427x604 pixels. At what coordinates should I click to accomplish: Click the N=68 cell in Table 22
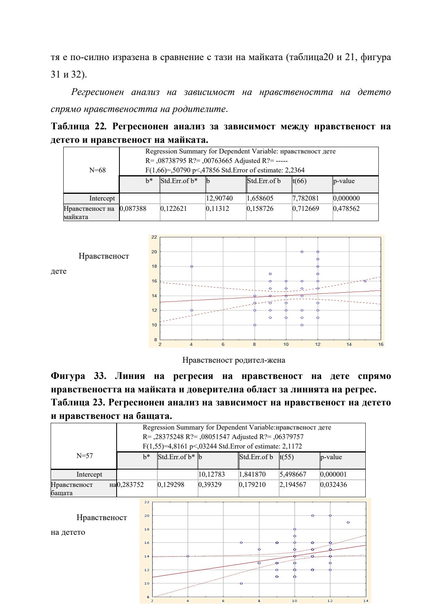[x=97, y=170]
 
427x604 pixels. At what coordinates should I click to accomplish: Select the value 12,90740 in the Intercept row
[x=219, y=198]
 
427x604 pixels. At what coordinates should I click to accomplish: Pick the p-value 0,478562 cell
[x=346, y=208]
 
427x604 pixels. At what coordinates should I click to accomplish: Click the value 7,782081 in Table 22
[x=305, y=198]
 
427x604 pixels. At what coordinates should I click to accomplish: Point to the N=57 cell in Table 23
[x=85, y=456]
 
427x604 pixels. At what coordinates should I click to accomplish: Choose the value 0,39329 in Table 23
[x=210, y=485]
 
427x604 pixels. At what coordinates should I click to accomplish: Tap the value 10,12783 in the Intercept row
[x=212, y=474]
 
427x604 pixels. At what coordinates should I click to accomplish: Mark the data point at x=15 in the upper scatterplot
[x=365, y=281]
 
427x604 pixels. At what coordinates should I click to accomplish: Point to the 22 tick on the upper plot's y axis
[x=154, y=237]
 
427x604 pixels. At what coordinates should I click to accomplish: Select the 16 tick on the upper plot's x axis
[x=381, y=344]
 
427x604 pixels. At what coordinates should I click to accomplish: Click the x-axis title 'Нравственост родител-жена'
[x=234, y=360]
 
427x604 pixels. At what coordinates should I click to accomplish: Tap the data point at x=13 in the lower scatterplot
[x=348, y=523]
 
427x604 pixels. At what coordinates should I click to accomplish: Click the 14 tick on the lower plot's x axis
[x=366, y=601]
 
